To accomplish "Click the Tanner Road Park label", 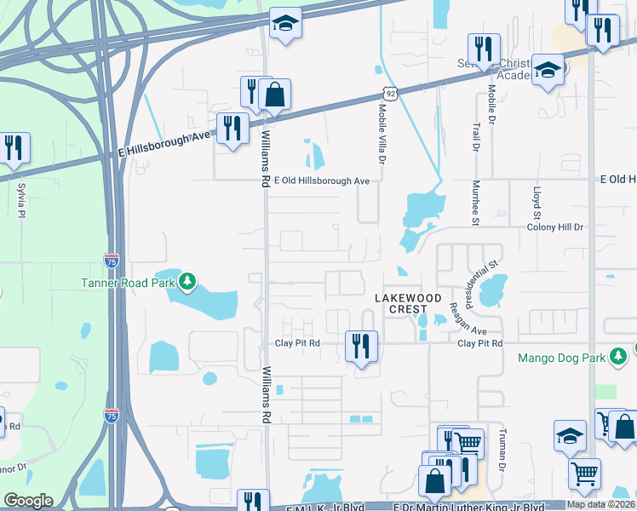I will coord(127,283).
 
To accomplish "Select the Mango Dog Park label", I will coord(561,358).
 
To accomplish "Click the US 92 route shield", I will coord(389,92).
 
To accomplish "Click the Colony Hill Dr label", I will coord(555,227).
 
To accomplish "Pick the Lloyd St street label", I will coord(537,203).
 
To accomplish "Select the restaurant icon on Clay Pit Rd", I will coord(361,346).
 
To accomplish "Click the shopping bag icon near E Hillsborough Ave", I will coord(275,94).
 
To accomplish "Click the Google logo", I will coord(28,501).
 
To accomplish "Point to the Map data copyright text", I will coord(600,504).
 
